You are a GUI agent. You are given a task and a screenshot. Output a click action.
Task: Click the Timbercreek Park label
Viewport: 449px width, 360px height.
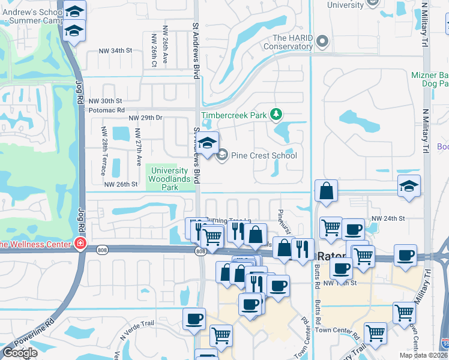pyautogui.click(x=234, y=114)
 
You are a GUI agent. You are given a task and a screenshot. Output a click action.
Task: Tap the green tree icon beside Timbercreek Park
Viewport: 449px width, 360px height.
pyautogui.click(x=276, y=113)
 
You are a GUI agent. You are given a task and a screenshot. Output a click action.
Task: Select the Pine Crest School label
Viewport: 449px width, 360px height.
pyautogui.click(x=264, y=156)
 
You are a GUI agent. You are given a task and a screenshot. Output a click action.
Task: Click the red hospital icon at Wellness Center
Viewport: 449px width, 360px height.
pyautogui.click(x=79, y=243)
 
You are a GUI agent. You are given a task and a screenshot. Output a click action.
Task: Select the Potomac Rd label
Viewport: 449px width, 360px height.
pyautogui.click(x=106, y=110)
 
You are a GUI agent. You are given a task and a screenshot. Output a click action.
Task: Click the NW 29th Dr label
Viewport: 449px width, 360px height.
pyautogui.click(x=145, y=118)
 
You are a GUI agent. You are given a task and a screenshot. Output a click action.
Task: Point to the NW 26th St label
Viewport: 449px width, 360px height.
pyautogui.click(x=121, y=184)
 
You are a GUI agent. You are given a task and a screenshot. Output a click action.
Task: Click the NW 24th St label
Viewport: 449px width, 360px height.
pyautogui.click(x=388, y=218)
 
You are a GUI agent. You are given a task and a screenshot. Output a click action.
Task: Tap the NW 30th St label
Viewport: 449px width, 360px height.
pyautogui.click(x=105, y=101)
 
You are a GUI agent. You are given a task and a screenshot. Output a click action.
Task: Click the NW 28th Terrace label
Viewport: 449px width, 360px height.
pyautogui.click(x=104, y=146)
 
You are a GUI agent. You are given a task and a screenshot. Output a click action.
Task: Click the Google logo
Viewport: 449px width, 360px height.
pyautogui.click(x=19, y=353)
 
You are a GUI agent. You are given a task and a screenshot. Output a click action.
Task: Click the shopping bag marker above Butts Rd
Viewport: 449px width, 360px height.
pyautogui.click(x=325, y=191)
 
